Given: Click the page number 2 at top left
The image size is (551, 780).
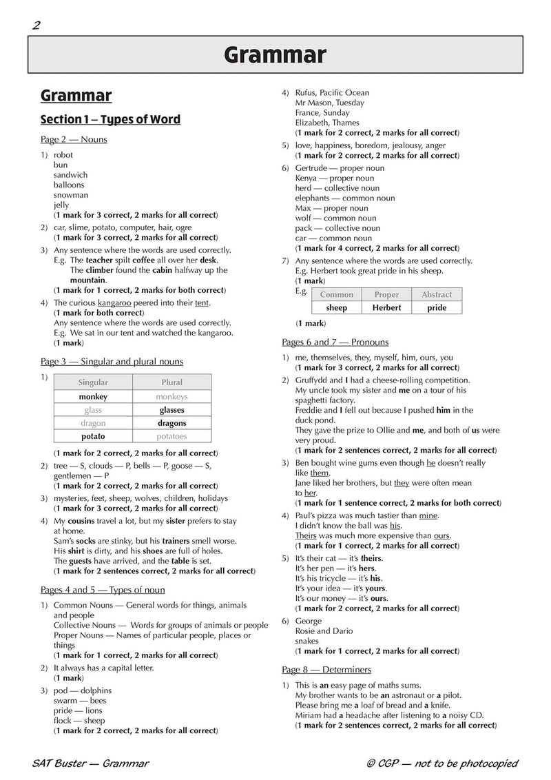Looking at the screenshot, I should pos(36,26).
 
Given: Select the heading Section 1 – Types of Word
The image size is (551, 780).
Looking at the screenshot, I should pos(110,119).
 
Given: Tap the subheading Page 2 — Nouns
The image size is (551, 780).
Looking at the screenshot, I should pos(74,139).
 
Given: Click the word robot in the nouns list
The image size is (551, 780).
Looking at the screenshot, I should pos(63,155).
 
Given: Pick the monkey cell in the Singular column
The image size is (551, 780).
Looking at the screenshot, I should pos(93,396).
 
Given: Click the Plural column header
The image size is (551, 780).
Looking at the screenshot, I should pos(171,382).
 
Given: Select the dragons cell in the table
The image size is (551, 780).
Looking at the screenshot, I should pos(171,423).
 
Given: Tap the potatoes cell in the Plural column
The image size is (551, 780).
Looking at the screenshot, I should pos(171,437).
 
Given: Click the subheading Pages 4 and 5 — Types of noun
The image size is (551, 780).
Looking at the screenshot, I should pos(103,590).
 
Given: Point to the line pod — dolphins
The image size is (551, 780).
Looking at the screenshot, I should pos(82,690).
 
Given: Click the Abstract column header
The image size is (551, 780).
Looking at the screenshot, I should pos(437,294).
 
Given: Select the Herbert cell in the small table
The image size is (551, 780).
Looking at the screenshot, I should pos(386,307).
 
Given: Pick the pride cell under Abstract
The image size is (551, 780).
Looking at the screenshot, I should pos(437,307).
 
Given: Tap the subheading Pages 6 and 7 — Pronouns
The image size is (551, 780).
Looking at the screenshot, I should pos(335,342).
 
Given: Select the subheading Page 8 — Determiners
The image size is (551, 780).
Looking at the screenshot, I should pos(326,670).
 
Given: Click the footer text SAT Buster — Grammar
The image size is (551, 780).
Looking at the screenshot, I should pos(90,763).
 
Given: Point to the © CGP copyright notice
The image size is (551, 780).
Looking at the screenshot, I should pos(443,763).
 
